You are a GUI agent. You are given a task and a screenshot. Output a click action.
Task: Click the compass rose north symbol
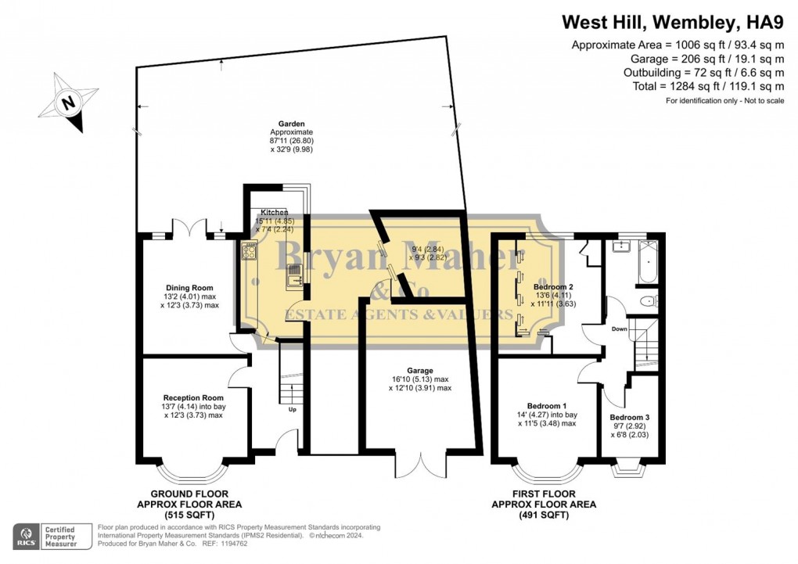68,102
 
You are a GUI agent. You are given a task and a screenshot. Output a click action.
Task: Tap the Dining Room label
189,288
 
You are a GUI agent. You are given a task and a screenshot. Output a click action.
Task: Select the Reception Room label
193,397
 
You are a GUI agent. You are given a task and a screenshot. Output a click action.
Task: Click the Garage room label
420,371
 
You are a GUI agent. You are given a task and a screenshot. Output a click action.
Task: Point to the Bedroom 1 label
547,406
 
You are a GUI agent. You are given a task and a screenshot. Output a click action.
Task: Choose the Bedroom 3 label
630,418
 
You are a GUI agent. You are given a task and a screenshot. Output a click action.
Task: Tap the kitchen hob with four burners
249,250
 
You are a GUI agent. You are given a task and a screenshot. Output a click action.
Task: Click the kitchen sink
294,278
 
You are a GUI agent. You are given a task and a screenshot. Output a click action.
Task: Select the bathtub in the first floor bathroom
648,261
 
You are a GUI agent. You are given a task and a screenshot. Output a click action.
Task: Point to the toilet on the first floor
649,301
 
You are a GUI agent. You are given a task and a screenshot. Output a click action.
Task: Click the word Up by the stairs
292,409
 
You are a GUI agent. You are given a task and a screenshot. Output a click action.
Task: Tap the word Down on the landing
620,329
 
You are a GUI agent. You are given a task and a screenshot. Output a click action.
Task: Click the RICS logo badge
27,537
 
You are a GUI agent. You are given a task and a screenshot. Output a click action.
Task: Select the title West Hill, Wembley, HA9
673,22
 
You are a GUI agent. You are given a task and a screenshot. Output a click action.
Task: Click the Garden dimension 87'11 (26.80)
292,141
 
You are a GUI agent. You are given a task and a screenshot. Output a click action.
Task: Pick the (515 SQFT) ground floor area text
189,516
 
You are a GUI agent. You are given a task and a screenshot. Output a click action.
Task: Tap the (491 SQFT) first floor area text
544,516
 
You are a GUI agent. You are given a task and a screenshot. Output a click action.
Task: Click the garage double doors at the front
421,464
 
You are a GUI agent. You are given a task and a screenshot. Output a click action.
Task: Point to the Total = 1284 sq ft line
709,86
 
